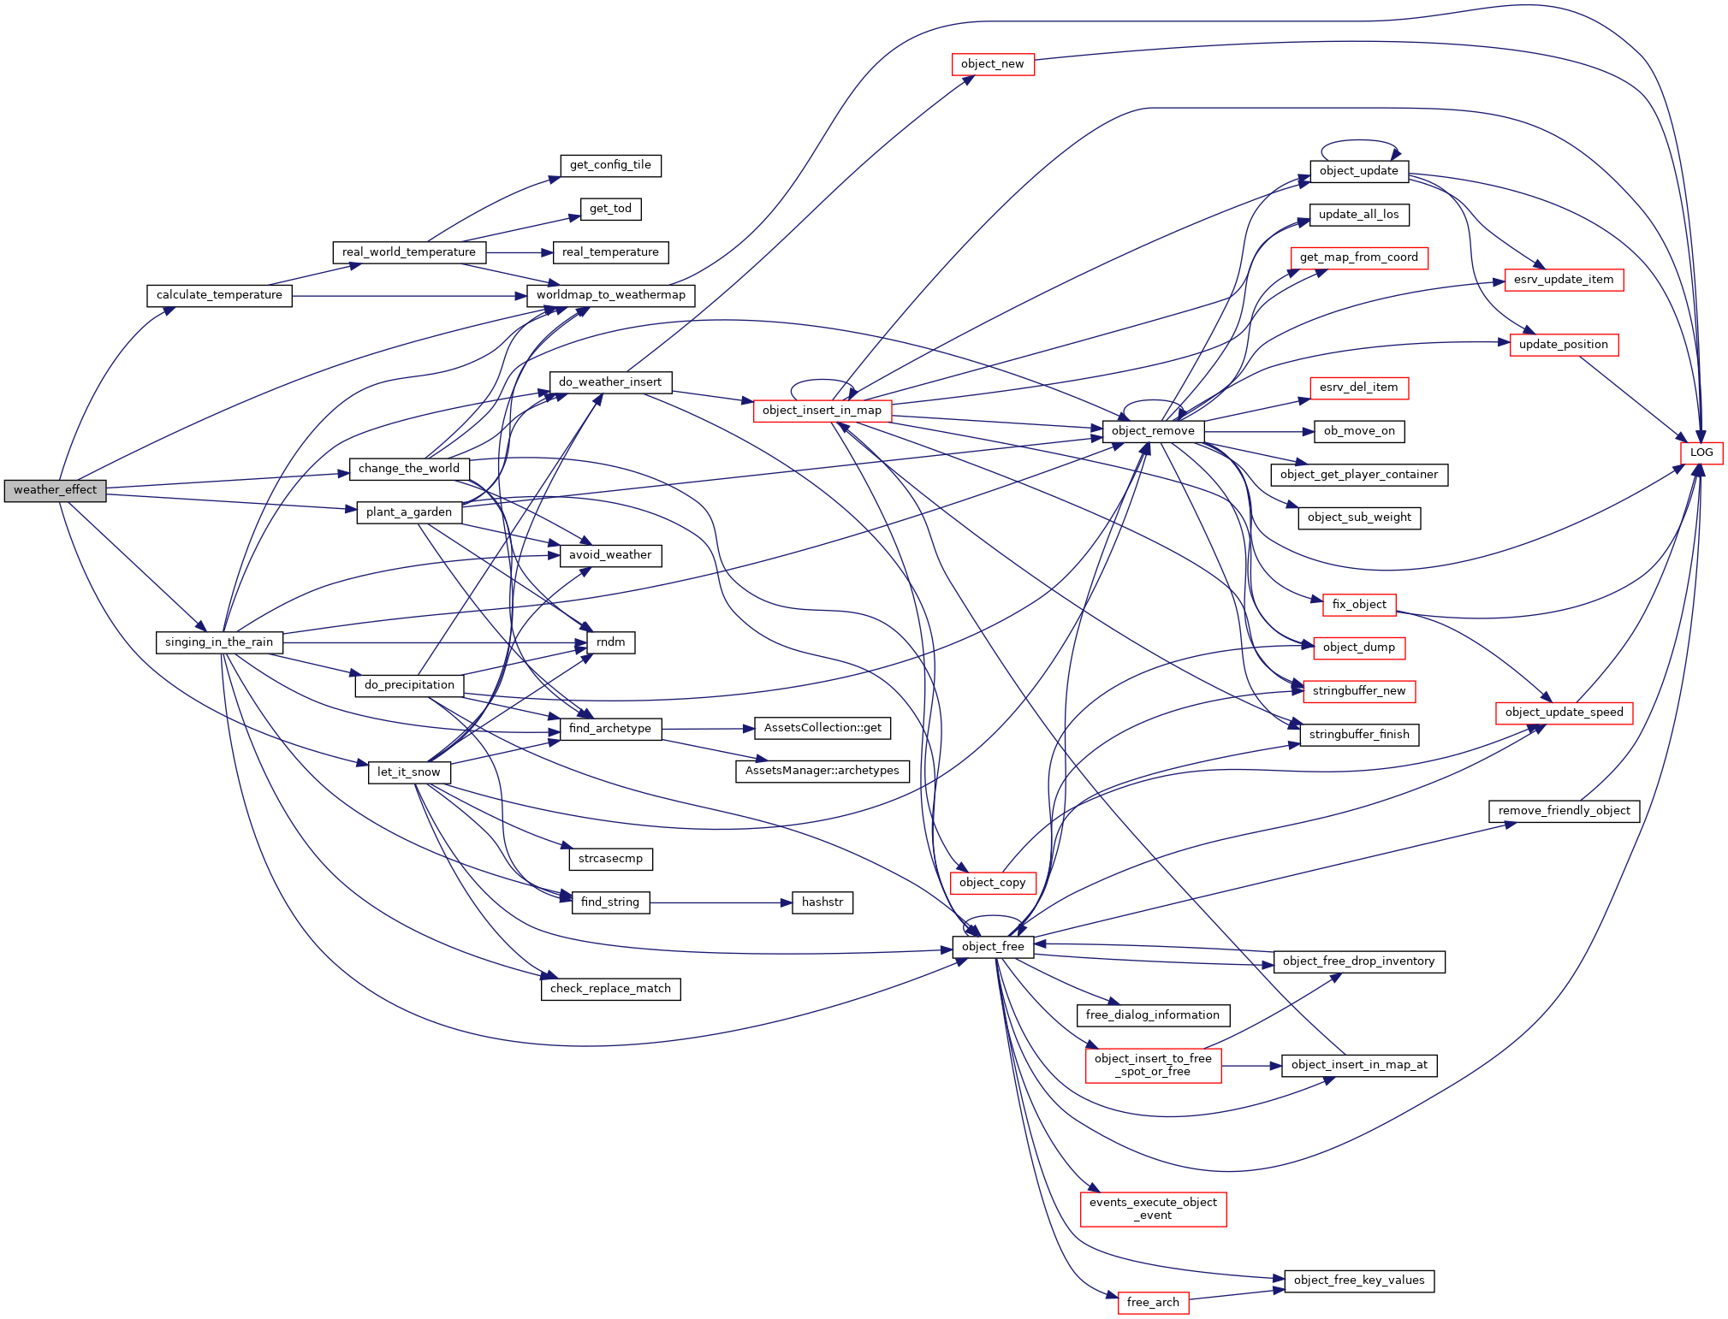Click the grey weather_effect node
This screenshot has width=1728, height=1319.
[55, 490]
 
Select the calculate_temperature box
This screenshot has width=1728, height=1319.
[219, 295]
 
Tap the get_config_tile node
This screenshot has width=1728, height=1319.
[610, 165]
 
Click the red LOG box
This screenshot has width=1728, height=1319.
[1701, 452]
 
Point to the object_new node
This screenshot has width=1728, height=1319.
[992, 64]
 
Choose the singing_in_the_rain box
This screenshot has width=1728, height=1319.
[219, 642]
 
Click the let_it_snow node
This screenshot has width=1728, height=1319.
[408, 772]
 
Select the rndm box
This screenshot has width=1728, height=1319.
[610, 642]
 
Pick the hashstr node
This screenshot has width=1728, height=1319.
[822, 902]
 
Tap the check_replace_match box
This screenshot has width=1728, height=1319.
[610, 989]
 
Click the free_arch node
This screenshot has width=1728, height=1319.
[1152, 1303]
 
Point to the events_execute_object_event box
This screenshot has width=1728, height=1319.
[1152, 1209]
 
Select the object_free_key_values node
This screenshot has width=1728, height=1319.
[1358, 1281]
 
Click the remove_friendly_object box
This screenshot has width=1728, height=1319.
[1564, 811]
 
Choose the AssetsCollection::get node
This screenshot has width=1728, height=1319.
[822, 728]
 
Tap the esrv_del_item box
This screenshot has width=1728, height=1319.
[1358, 387]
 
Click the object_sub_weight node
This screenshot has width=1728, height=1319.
[1358, 518]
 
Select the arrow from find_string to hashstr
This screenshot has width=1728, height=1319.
[719, 902]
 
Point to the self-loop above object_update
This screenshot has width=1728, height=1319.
[1359, 141]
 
